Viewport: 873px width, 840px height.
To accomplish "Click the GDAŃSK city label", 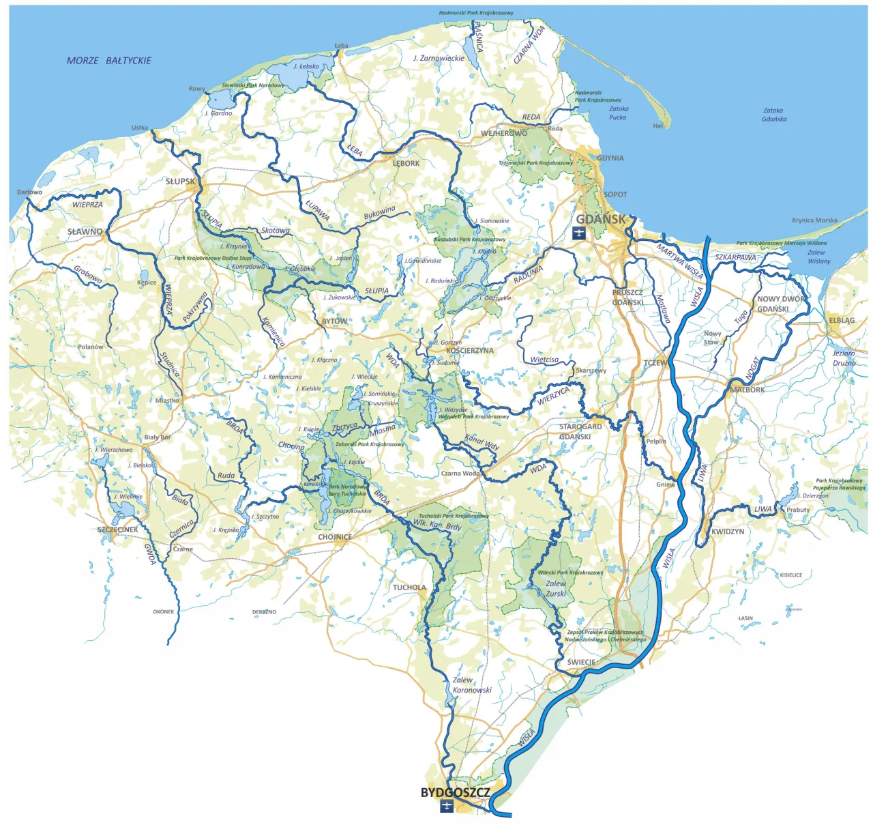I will click(601, 219).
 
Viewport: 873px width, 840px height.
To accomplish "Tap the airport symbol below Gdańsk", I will click(579, 234).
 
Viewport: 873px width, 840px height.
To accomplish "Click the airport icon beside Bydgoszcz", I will click(447, 807).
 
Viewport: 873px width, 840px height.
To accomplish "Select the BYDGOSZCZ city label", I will click(455, 793).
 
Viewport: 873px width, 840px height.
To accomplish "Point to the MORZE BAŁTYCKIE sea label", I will click(109, 61).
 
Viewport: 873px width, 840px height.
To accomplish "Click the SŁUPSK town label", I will click(181, 182).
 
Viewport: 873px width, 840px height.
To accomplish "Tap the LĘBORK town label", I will click(406, 164).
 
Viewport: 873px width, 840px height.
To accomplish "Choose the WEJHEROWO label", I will click(504, 134).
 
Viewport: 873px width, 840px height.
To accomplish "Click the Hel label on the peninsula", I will click(657, 126).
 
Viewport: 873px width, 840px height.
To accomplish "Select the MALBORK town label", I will click(748, 390).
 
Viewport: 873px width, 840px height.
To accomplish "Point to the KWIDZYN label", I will click(728, 532).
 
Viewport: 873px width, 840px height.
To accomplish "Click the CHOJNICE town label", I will click(335, 537).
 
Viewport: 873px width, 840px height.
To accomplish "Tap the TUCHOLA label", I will click(409, 588).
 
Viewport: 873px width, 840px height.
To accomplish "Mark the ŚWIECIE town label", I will click(581, 663).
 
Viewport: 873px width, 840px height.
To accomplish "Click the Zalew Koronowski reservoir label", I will click(471, 685).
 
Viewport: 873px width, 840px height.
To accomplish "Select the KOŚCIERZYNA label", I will click(470, 351).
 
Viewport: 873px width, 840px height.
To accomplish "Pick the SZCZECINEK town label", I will click(118, 530).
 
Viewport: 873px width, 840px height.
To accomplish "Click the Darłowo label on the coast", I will click(29, 192).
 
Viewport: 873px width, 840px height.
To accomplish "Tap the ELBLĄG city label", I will click(842, 321).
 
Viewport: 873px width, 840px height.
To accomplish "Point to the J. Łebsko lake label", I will click(306, 67).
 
